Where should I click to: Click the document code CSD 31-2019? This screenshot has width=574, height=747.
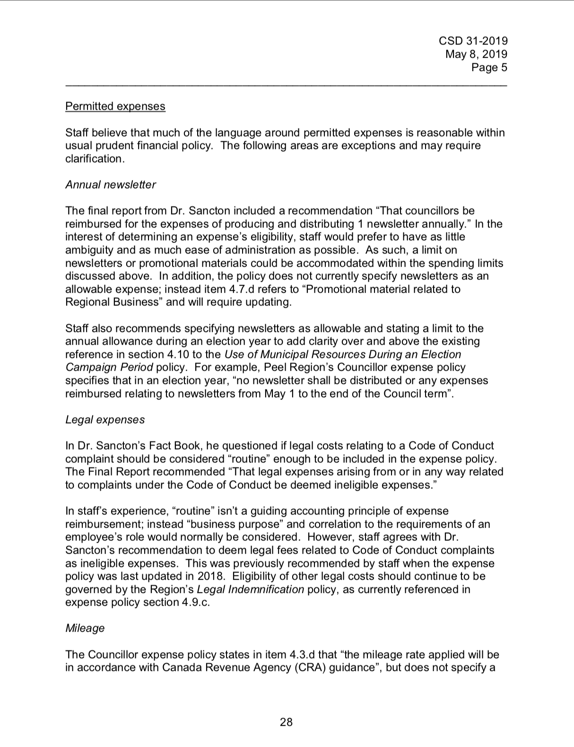[x=473, y=41]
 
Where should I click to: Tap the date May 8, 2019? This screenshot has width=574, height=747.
[x=476, y=54]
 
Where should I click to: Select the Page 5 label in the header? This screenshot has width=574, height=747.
[x=489, y=68]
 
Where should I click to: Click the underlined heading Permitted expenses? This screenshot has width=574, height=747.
[x=115, y=106]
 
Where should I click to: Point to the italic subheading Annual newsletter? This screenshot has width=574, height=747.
[x=111, y=185]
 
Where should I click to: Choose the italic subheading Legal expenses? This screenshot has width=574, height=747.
[x=105, y=420]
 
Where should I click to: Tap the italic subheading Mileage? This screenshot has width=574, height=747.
[x=85, y=628]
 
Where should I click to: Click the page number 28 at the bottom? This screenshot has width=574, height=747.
[x=286, y=722]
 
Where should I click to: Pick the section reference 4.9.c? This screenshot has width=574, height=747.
[x=195, y=603]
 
